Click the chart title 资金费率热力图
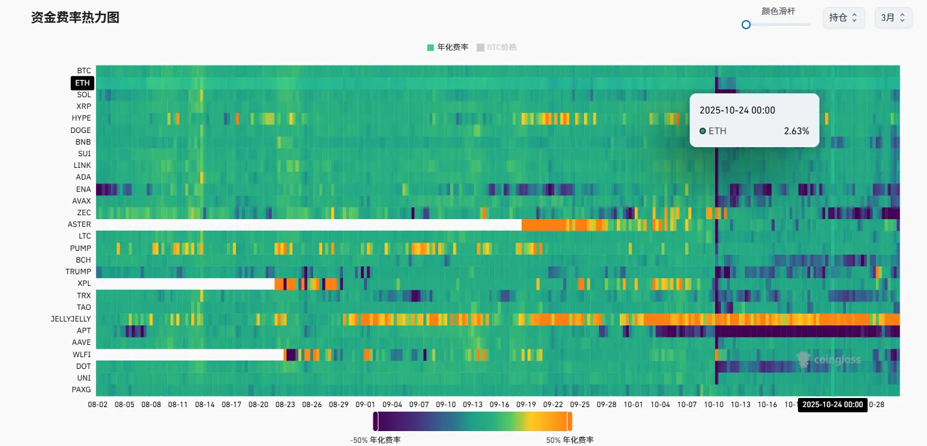tap(75, 18)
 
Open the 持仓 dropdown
tap(843, 18)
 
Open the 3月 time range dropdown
tap(893, 18)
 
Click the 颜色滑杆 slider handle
tap(746, 25)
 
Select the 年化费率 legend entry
tap(447, 47)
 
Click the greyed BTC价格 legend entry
tap(497, 47)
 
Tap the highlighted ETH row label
tap(82, 83)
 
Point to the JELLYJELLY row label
tap(71, 319)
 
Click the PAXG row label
tap(82, 390)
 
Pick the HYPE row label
tap(82, 118)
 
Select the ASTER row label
tap(80, 224)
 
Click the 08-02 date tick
tap(98, 405)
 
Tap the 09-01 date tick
tap(366, 405)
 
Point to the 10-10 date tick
tap(714, 405)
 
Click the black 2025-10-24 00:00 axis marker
tap(833, 405)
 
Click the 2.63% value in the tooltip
tap(796, 131)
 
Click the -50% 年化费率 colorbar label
tap(375, 440)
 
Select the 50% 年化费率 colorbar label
tap(570, 440)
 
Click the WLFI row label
tap(82, 355)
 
